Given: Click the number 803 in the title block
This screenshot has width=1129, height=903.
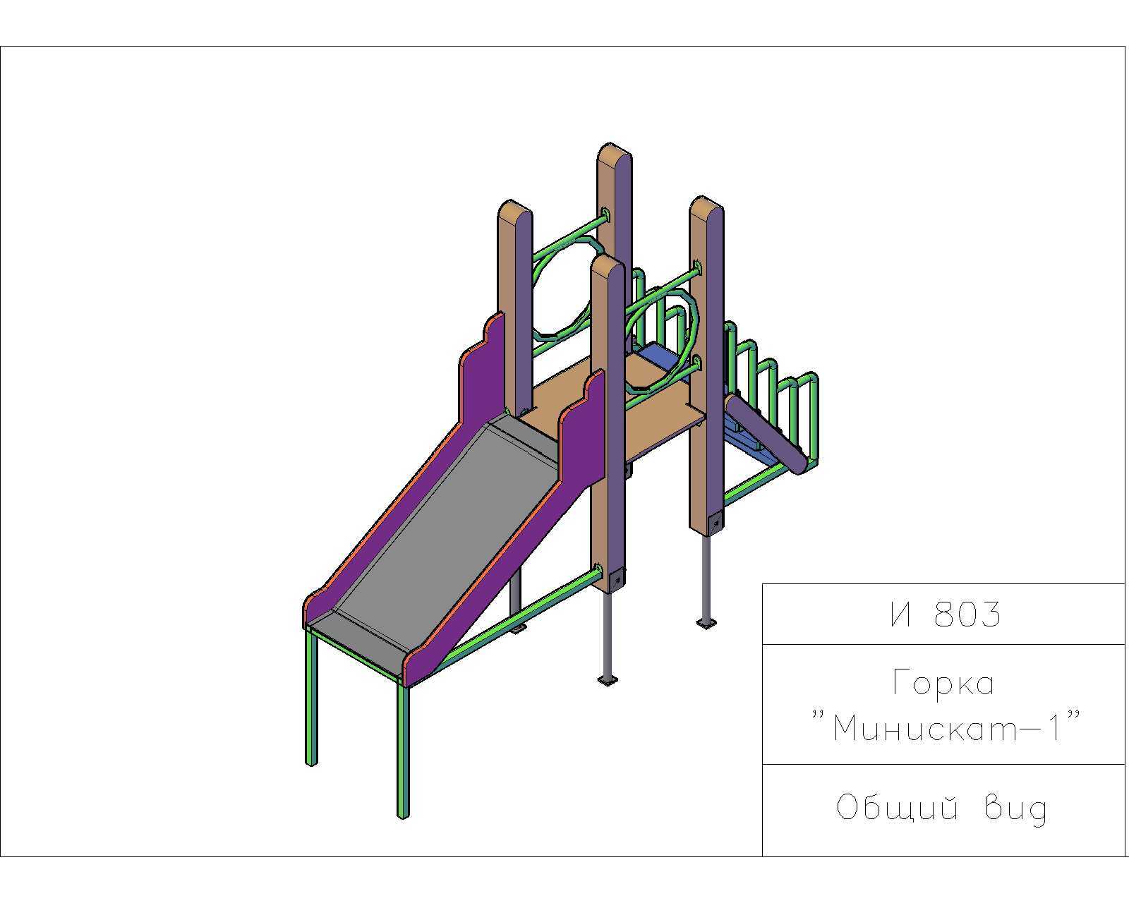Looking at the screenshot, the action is click(967, 614).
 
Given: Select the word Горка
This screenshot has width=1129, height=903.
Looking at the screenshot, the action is click(943, 683).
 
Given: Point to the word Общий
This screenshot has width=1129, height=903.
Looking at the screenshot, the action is click(896, 808).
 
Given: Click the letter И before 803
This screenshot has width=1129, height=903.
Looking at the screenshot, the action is click(901, 614).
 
